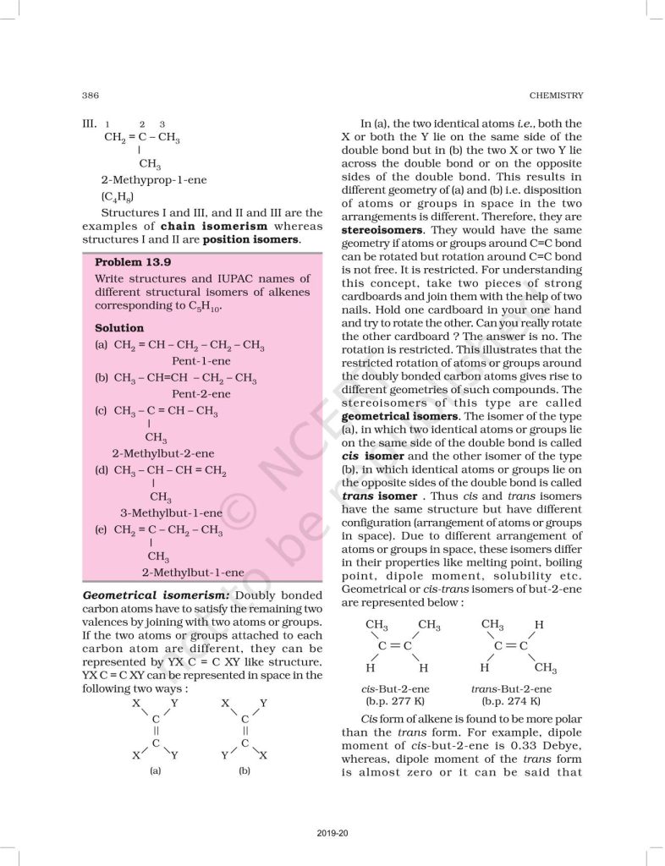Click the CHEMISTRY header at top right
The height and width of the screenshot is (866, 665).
(554, 94)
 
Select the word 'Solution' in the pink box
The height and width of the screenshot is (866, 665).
(119, 327)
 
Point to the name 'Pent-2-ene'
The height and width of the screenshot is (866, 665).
(197, 393)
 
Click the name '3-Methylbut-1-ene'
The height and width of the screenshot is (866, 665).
(171, 512)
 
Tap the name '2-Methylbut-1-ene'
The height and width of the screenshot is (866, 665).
(193, 572)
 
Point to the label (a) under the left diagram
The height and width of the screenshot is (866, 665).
(156, 771)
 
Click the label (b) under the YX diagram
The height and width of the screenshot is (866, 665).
(245, 771)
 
